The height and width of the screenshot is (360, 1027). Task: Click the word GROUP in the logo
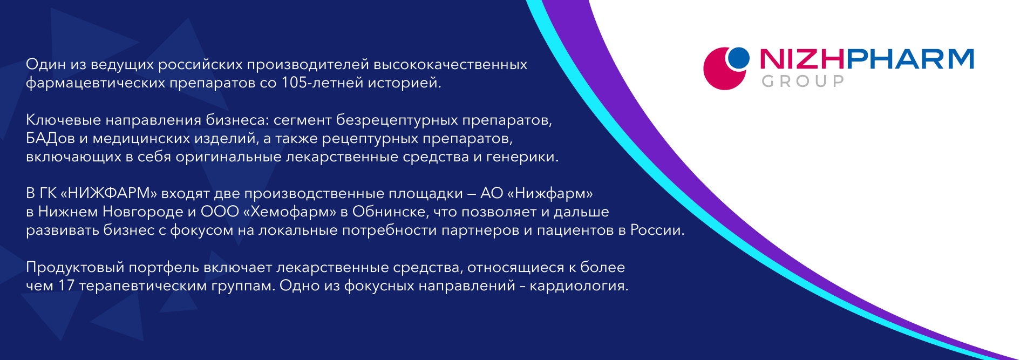click(x=803, y=81)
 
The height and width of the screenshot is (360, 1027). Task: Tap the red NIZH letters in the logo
click(x=802, y=59)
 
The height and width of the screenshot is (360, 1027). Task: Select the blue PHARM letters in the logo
click(x=910, y=59)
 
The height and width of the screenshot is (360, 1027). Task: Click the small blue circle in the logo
click(x=738, y=58)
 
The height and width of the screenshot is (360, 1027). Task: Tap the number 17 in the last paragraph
click(x=66, y=286)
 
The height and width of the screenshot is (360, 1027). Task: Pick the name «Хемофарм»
click(x=290, y=212)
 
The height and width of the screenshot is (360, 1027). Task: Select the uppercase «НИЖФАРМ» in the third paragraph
click(x=108, y=194)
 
